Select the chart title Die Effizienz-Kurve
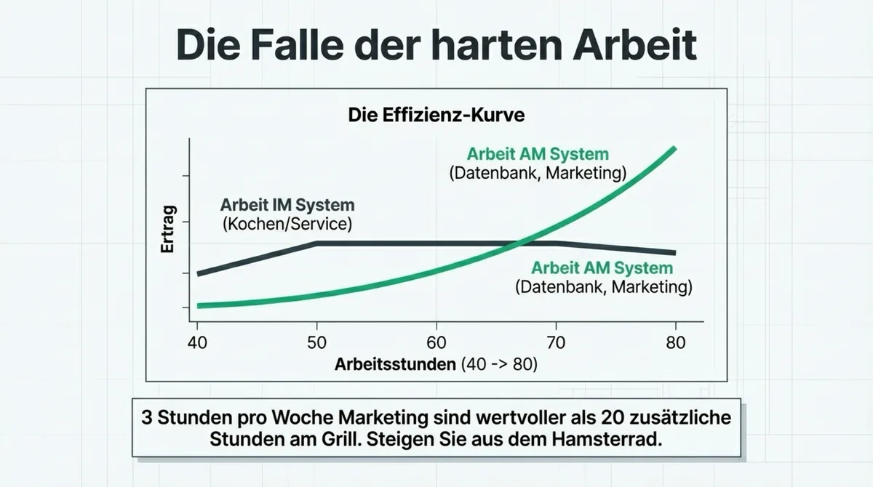436,115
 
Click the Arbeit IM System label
287,205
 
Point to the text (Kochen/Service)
287,224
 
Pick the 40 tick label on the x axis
197,342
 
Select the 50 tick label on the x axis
317,342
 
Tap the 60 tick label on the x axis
436,342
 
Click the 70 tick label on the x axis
556,342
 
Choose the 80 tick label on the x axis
676,342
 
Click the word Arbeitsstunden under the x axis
395,364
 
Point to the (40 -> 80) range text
499,364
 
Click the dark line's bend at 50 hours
317,243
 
